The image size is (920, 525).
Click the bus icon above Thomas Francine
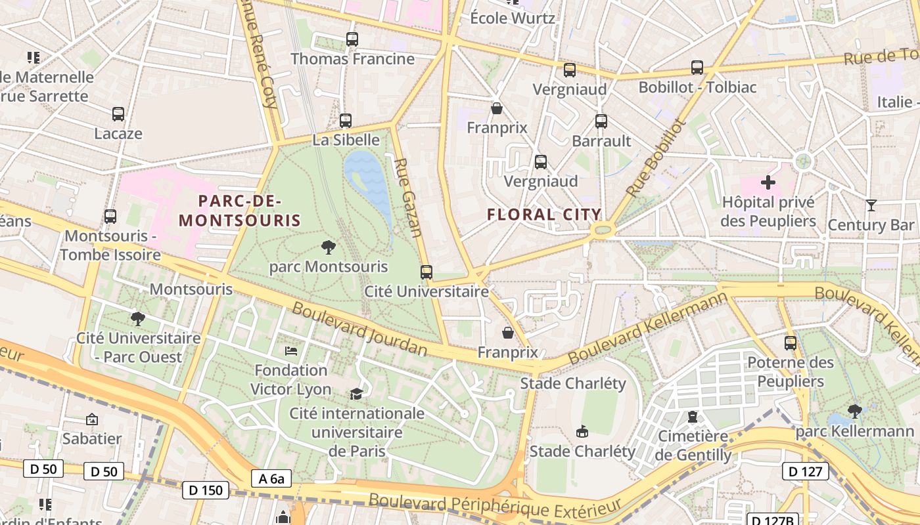tap(352, 39)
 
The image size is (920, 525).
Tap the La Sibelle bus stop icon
tap(346, 121)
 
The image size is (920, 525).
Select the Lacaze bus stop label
tap(118, 133)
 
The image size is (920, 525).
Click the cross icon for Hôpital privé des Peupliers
tap(768, 182)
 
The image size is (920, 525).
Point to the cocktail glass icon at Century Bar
tap(871, 205)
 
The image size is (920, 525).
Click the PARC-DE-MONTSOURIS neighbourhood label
tap(240, 210)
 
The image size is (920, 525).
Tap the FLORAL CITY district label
tap(544, 215)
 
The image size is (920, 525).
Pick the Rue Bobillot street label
tap(655, 157)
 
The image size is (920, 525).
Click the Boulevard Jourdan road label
tap(359, 330)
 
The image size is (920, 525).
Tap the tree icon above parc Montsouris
tap(328, 247)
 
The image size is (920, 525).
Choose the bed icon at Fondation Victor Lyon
tap(291, 351)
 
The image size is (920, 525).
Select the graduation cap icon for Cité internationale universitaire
tap(356, 394)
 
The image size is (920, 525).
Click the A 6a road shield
tap(271, 478)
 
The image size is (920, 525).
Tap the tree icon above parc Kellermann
tap(854, 411)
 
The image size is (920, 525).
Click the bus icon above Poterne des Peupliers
tap(791, 343)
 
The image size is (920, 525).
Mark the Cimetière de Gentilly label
tap(693, 445)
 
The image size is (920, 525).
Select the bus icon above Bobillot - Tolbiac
tap(697, 68)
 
